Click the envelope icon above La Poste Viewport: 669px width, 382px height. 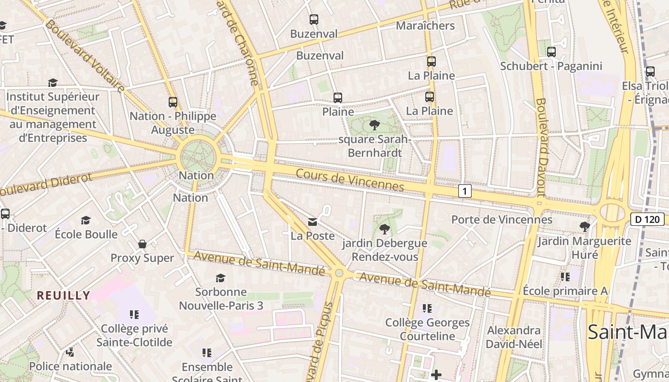click(313, 222)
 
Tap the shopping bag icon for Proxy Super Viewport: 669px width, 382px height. click(142, 244)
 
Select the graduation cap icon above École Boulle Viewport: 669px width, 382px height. click(86, 220)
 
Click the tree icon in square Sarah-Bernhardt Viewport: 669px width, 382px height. click(375, 125)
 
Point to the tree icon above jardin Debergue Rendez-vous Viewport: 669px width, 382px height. click(384, 229)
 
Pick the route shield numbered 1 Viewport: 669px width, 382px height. click(464, 191)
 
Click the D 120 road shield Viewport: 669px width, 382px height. click(647, 219)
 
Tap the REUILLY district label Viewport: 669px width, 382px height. click(64, 296)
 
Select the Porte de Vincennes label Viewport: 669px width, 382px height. click(502, 220)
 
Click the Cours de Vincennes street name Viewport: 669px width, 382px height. click(350, 180)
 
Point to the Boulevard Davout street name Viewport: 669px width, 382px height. click(541, 148)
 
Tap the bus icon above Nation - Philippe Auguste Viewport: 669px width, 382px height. click(173, 102)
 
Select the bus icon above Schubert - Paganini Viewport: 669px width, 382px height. click(551, 52)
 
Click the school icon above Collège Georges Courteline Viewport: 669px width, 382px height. click(427, 308)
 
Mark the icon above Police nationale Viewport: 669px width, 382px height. click(70, 352)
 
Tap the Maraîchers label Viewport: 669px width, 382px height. click(425, 26)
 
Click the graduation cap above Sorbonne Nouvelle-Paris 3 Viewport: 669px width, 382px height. click(220, 278)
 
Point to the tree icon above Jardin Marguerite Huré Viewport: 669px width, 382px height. click(584, 227)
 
